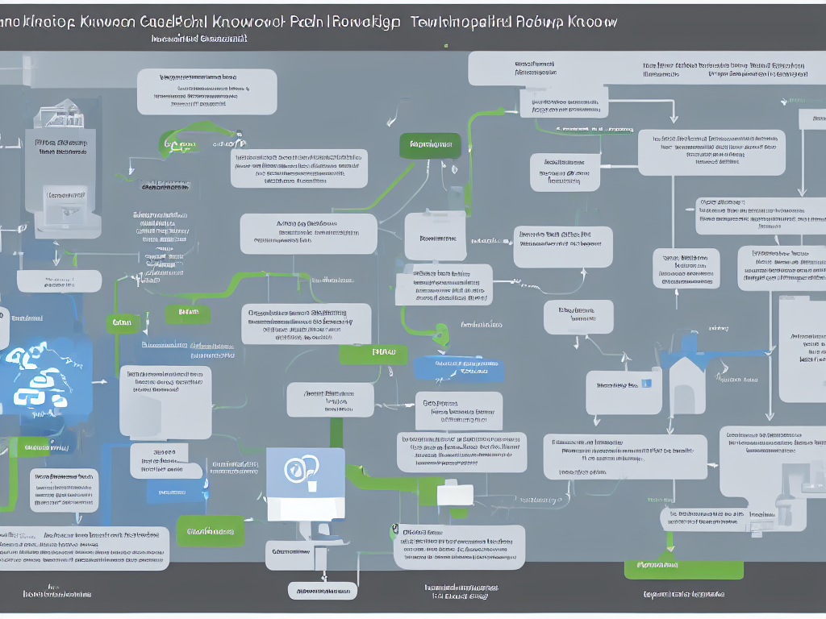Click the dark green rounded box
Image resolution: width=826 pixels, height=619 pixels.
pos(430,145)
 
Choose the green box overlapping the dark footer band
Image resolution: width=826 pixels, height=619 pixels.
pos(661,566)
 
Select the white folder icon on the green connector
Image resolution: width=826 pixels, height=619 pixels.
pos(455,492)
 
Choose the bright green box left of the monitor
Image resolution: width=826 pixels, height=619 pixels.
pos(210,531)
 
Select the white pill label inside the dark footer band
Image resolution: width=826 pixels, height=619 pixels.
pos(321,591)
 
